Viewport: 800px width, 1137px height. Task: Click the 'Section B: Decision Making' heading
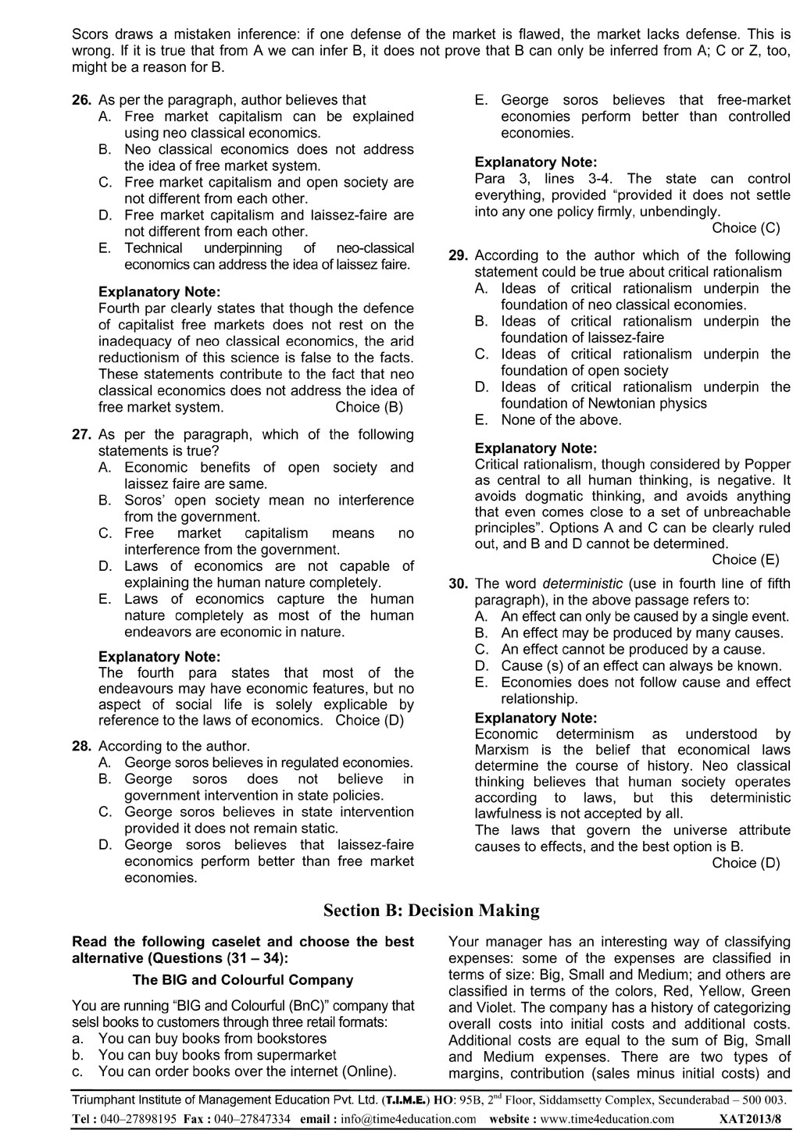click(x=431, y=911)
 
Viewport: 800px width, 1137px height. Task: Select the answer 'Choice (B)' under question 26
click(x=370, y=407)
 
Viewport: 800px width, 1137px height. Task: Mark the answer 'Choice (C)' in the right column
click(x=746, y=228)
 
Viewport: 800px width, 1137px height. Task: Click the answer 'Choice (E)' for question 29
click(x=746, y=559)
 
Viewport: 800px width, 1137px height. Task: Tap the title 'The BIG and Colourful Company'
click(x=243, y=979)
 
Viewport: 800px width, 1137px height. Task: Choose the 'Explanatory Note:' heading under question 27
click(x=159, y=657)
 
